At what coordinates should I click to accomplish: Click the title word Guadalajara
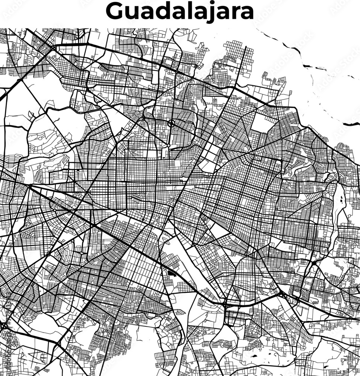[x=180, y=12]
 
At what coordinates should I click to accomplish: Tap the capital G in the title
[x=115, y=12]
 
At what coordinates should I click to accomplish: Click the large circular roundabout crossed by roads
[x=171, y=123]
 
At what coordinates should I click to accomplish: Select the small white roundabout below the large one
[x=164, y=151]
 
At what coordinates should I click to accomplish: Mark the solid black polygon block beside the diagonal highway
[x=172, y=272]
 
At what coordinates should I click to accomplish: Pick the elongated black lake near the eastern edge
[x=342, y=203]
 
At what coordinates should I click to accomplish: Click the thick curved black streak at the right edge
[x=351, y=124]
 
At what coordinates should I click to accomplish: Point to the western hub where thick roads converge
[x=29, y=185]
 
